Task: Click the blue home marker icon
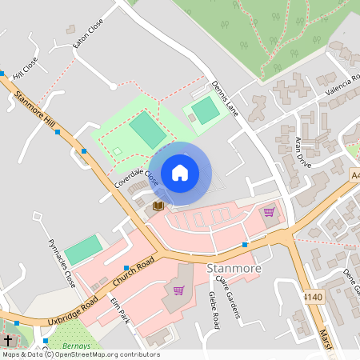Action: tap(180, 173)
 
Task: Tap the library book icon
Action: tap(158, 206)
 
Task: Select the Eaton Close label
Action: tap(88, 35)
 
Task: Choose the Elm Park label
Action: tap(120, 311)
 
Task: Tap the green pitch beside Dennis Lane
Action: tap(206, 110)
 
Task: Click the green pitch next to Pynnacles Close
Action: tap(83, 250)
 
